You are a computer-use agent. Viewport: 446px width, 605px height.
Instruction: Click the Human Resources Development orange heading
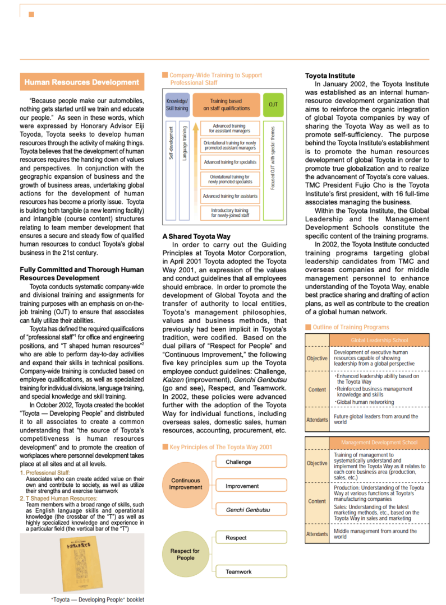click(x=81, y=82)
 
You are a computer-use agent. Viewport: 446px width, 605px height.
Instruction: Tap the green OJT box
click(x=273, y=105)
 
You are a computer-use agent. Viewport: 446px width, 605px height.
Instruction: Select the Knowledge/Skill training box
click(x=177, y=105)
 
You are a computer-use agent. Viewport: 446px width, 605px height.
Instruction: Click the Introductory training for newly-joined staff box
click(x=230, y=213)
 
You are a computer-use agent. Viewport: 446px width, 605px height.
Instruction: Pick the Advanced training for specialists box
click(x=230, y=162)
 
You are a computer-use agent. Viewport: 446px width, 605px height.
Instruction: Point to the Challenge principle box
click(x=251, y=462)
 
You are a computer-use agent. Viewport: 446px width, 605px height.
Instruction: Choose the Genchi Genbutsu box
click(x=251, y=510)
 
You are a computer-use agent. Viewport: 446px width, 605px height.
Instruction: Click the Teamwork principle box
click(x=251, y=572)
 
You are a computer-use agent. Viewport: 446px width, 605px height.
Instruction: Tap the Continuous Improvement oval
click(x=186, y=484)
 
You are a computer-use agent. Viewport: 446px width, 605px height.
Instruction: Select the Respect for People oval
click(x=186, y=555)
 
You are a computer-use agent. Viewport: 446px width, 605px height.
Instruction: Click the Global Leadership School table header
click(x=379, y=340)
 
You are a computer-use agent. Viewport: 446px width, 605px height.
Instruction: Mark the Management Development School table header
click(x=379, y=443)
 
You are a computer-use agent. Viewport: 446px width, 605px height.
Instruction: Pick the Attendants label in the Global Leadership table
click(x=317, y=420)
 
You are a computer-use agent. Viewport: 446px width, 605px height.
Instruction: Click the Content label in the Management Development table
click(x=317, y=501)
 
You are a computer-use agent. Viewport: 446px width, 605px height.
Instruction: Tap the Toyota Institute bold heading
click(x=330, y=76)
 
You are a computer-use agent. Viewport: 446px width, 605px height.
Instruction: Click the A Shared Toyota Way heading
click(x=196, y=236)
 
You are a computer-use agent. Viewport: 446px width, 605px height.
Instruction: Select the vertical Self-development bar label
click(x=171, y=143)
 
